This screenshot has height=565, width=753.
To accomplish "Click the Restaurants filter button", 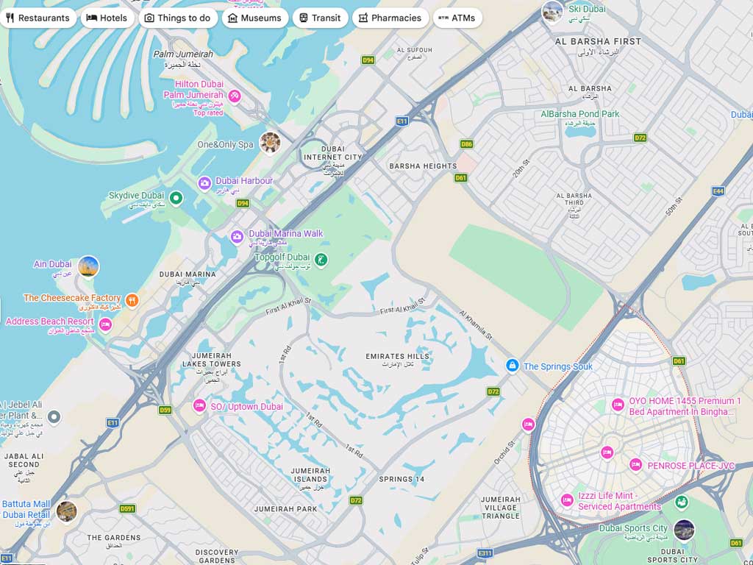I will click(x=38, y=18).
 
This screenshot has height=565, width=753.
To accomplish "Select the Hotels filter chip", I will click(x=107, y=18).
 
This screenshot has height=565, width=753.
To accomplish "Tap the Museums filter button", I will click(x=254, y=18).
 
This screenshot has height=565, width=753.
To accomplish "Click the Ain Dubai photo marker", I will click(x=88, y=266).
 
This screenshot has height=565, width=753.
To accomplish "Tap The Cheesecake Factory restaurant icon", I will click(x=132, y=299).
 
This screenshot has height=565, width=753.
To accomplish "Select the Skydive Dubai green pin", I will click(x=176, y=197).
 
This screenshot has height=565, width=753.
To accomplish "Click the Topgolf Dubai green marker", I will click(x=321, y=259).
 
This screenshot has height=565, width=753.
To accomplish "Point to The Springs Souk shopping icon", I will click(x=512, y=366).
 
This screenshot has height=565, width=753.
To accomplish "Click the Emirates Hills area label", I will click(x=398, y=357).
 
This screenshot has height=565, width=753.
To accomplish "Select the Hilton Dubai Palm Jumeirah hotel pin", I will click(x=235, y=96).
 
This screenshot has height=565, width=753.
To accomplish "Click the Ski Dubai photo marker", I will click(x=552, y=11).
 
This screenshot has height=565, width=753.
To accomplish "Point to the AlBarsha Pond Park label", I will click(x=580, y=114).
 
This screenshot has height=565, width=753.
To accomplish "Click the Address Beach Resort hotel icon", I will click(x=105, y=324).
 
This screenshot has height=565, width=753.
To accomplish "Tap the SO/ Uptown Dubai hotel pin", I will click(x=199, y=405).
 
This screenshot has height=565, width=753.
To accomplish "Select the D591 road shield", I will click(x=127, y=508).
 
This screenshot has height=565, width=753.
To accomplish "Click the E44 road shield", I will click(x=718, y=191).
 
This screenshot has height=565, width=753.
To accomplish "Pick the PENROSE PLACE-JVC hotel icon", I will click(x=635, y=464).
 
